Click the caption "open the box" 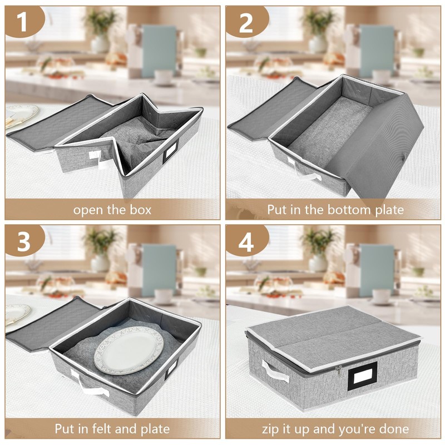coord(112,210)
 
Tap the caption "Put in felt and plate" coord(112,429)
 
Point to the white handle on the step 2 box coord(303,170)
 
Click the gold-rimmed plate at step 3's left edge coord(17,314)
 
